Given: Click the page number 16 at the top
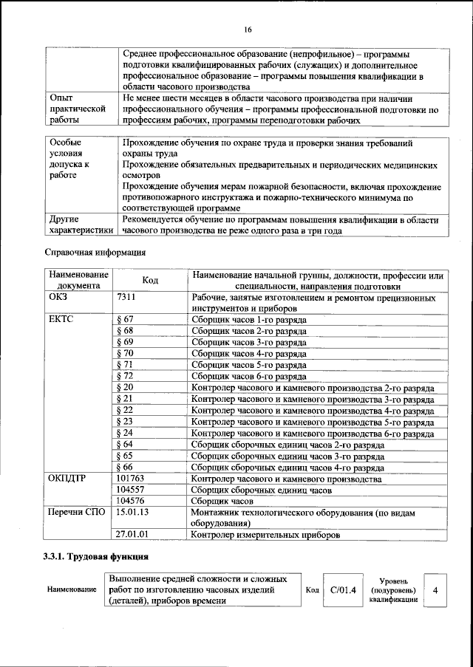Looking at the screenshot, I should pyautogui.click(x=247, y=29).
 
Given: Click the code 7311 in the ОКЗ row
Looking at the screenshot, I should pyautogui.click(x=128, y=297).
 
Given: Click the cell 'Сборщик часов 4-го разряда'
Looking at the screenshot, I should pyautogui.click(x=248, y=354).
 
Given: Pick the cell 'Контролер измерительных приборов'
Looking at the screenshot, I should pyautogui.click(x=265, y=534).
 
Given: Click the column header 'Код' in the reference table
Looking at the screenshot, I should pyautogui.click(x=150, y=280).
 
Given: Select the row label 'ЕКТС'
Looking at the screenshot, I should pyautogui.click(x=61, y=320).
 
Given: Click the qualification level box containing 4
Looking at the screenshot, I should pyautogui.click(x=435, y=589).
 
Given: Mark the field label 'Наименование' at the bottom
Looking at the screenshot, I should pyautogui.click(x=72, y=589).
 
